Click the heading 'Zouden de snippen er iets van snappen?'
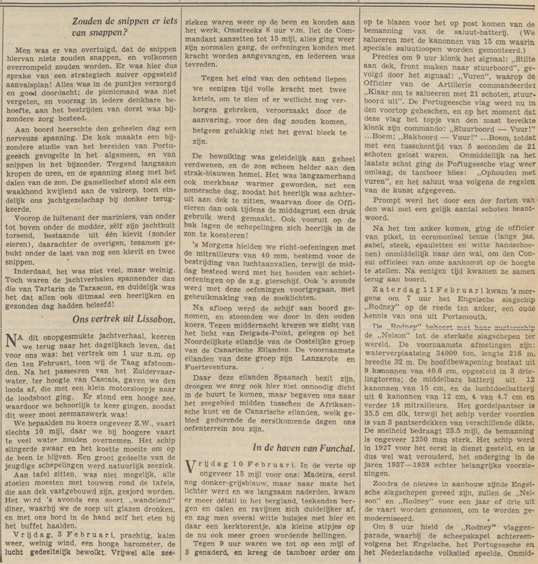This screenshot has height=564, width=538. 124,27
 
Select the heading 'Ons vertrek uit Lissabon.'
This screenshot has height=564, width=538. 124,319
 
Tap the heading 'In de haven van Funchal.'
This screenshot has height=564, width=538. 304,448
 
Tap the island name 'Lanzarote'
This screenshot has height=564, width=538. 318,359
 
